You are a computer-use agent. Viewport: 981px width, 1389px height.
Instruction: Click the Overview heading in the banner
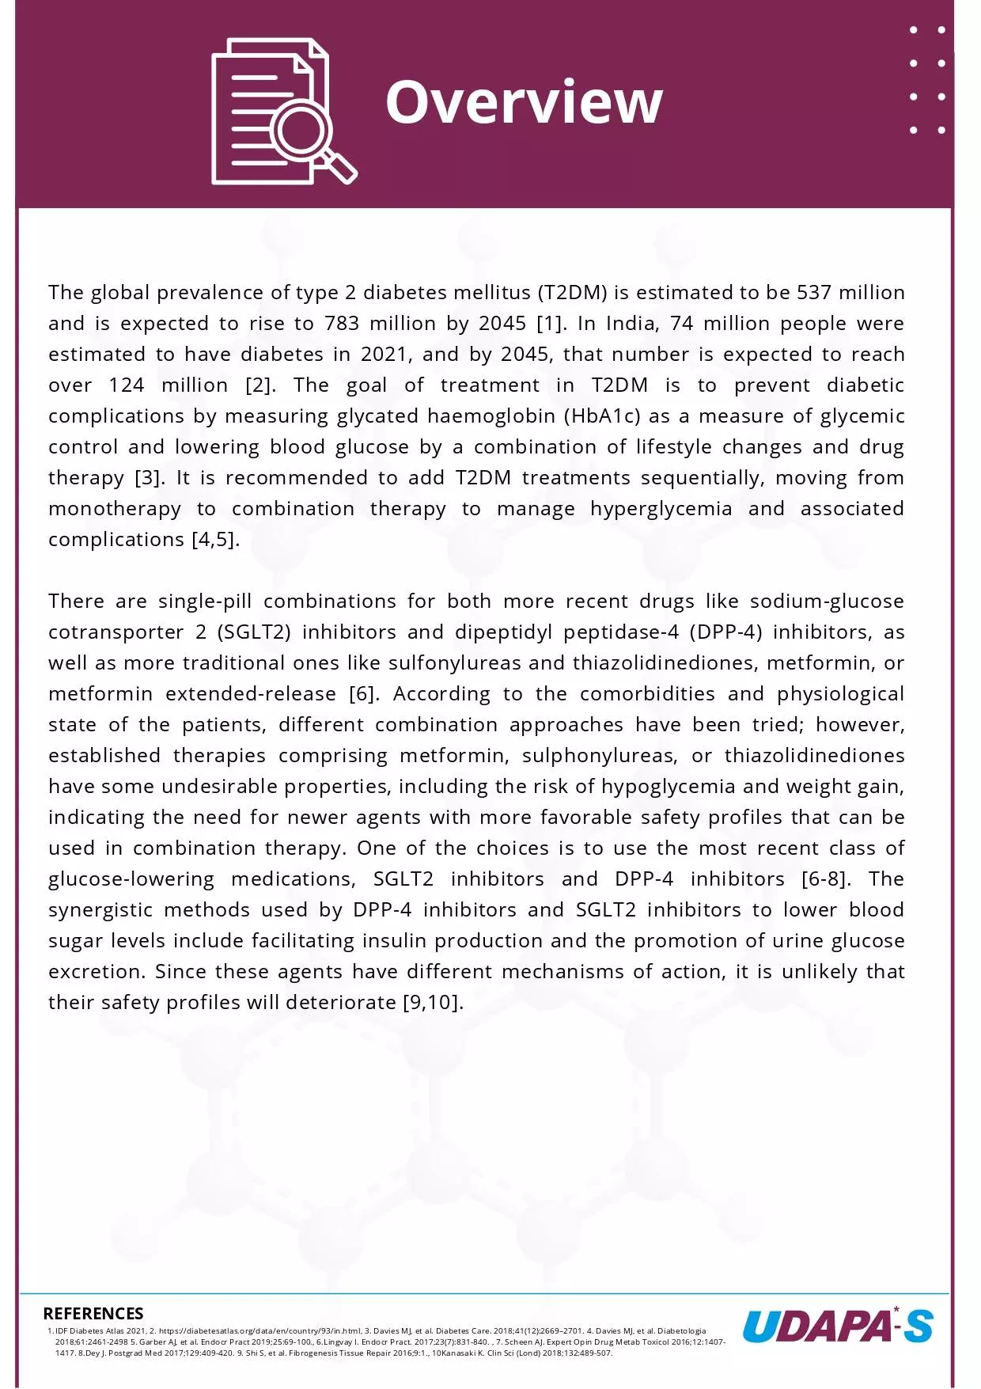click(x=524, y=102)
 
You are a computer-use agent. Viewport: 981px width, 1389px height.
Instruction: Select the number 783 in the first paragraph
click(x=342, y=324)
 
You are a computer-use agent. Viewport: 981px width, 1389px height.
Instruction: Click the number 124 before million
click(x=127, y=385)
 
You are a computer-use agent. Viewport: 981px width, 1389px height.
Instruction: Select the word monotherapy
click(x=115, y=509)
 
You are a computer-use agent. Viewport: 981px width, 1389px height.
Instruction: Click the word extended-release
click(x=251, y=694)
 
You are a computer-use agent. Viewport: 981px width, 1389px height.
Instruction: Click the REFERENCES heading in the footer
click(x=93, y=1314)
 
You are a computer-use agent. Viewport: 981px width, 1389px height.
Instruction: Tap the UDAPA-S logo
click(x=838, y=1326)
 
